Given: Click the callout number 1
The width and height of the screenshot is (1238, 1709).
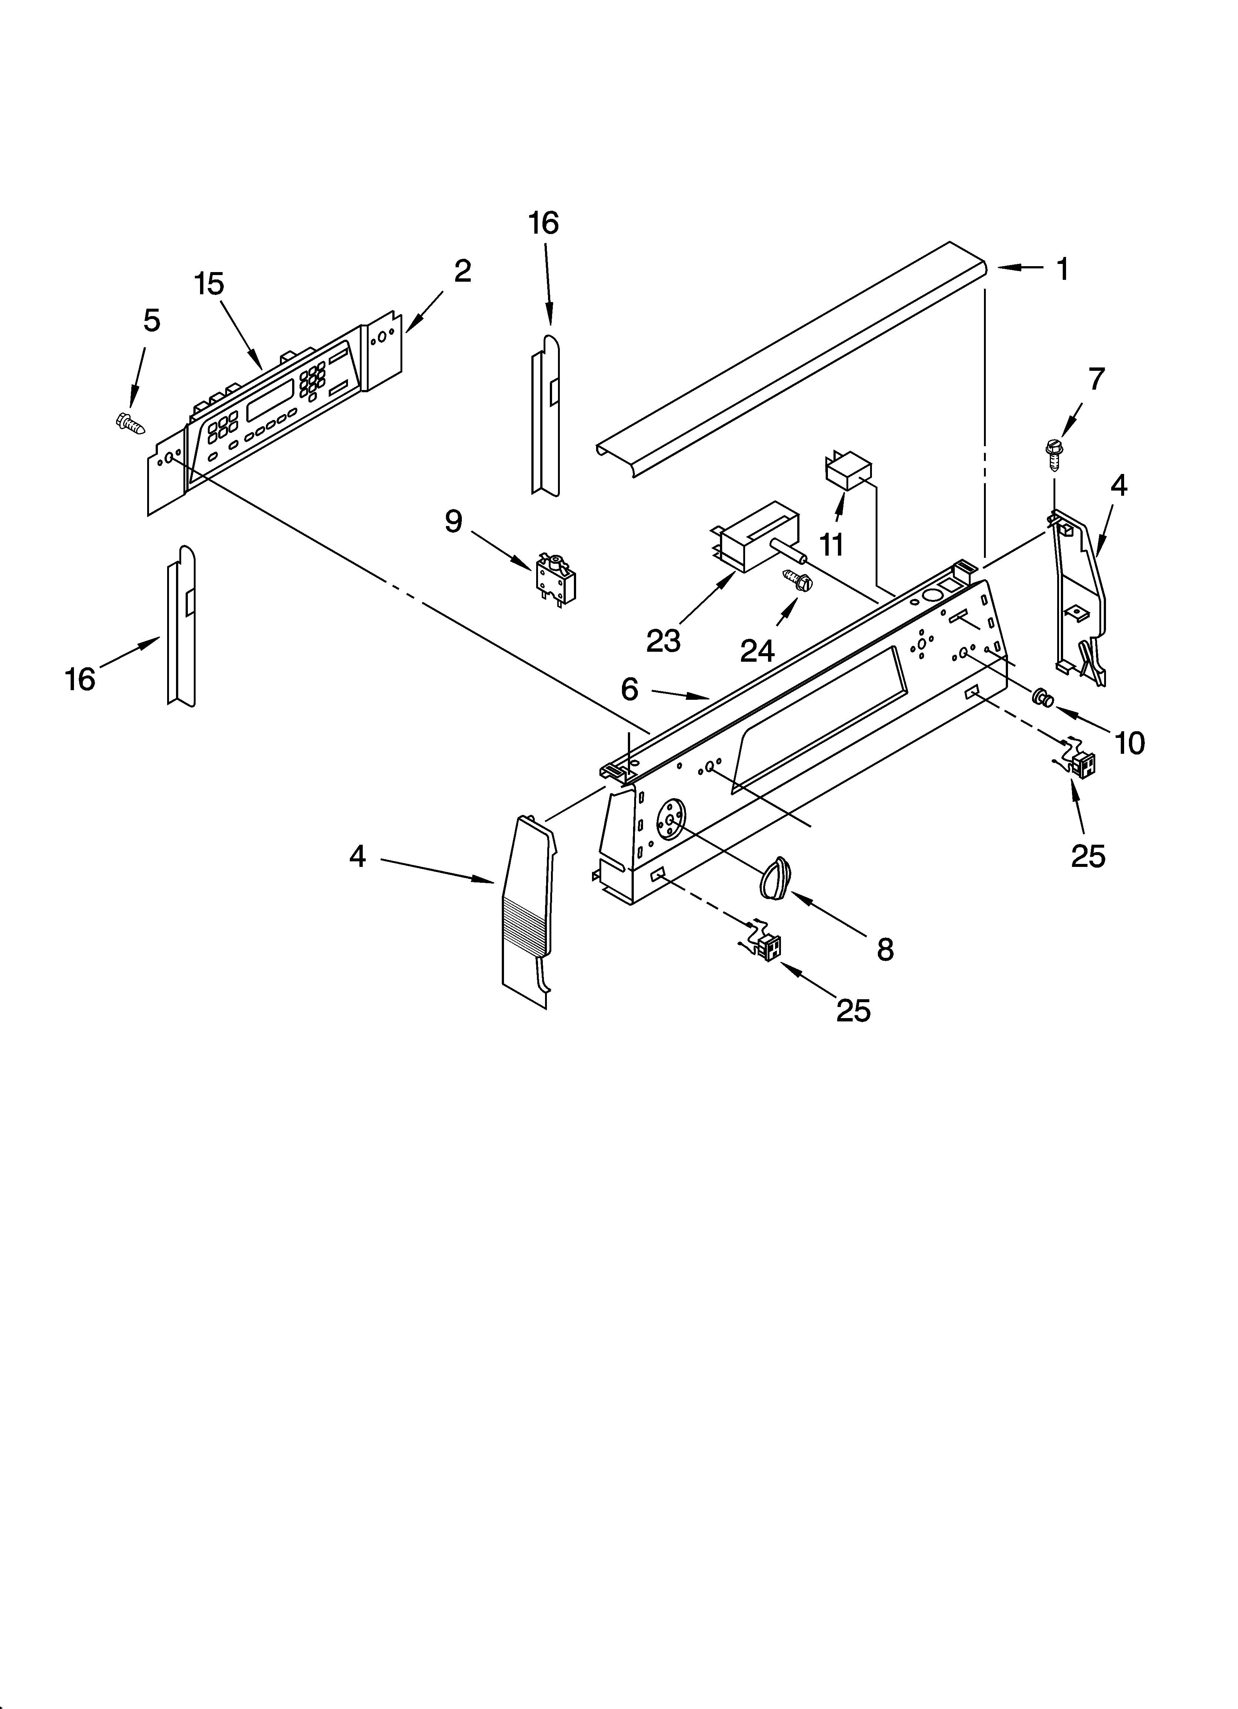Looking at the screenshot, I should click(1062, 269).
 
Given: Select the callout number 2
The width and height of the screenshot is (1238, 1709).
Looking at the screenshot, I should click(462, 271).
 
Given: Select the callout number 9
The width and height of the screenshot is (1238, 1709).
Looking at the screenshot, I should click(453, 521).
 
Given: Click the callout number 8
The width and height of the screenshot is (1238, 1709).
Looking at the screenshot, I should click(885, 949).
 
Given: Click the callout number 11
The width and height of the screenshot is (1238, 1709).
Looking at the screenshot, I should click(832, 544).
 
